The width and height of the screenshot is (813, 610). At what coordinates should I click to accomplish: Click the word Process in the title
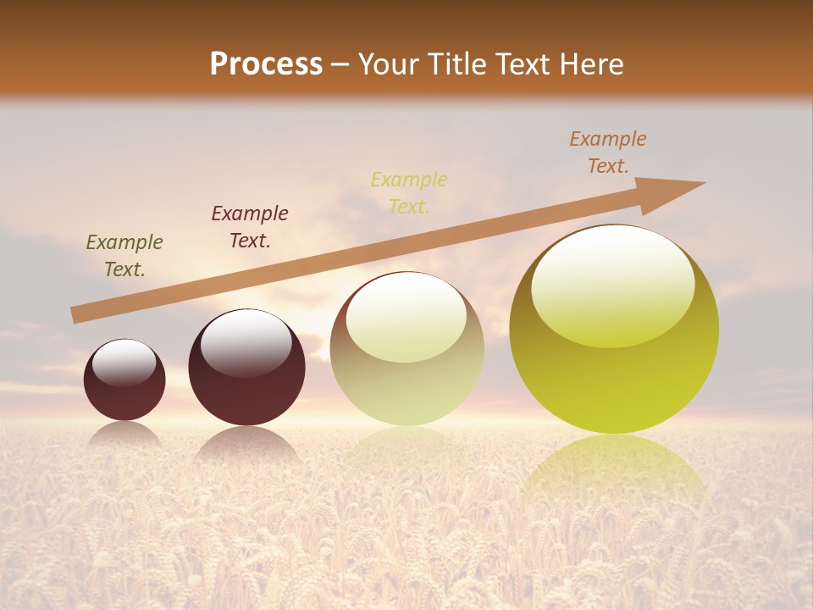pos(266,64)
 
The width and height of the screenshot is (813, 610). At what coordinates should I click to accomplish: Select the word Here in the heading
pos(590,64)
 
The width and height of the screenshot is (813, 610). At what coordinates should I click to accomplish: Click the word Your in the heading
pos(389,64)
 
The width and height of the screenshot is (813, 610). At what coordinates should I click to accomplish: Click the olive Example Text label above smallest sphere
pos(124,256)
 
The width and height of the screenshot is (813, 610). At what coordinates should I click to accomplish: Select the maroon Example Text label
pos(250,227)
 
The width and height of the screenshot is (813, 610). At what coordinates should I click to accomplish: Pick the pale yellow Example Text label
pos(409,193)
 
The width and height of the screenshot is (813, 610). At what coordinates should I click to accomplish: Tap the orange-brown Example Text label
pos(608,152)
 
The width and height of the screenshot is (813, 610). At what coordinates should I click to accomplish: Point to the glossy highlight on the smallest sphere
pos(124,363)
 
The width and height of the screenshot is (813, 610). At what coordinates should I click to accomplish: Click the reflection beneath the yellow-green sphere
pos(614,470)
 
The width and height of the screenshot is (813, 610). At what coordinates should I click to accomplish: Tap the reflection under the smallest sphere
pos(124,434)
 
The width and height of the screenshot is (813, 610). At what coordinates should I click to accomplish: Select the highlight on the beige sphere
pos(406,316)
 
